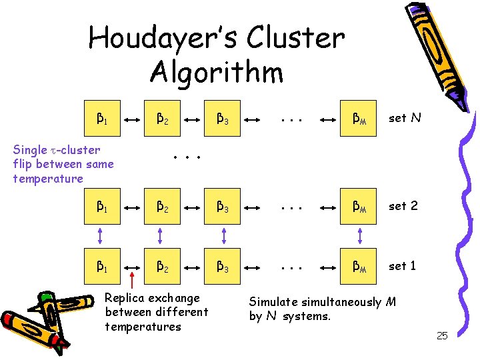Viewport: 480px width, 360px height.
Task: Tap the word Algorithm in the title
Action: pos(217,72)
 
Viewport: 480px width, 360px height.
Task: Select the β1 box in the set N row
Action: pos(101,119)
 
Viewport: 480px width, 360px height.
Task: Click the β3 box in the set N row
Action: pos(223,119)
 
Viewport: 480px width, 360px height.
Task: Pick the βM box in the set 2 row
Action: pos(361,207)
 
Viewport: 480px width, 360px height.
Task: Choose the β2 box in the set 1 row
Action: pos(162,266)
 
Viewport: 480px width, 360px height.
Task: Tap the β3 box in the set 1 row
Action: pos(223,266)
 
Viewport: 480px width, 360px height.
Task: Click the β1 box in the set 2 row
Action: pos(101,207)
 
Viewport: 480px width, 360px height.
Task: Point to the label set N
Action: pos(404,119)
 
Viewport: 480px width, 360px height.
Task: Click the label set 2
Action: pos(403,206)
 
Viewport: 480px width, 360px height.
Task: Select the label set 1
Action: pos(403,265)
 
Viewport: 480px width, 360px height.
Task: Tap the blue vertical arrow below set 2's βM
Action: pos(361,236)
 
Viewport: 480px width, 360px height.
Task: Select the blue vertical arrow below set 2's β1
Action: pos(101,236)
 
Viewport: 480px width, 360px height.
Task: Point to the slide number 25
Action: pos(441,335)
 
